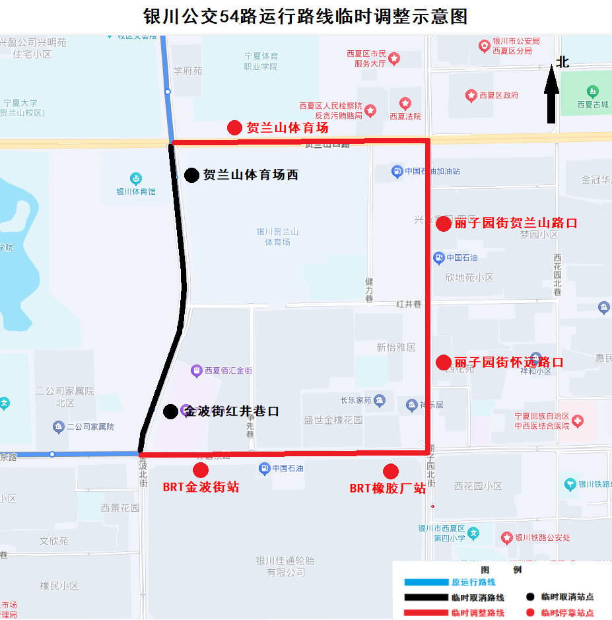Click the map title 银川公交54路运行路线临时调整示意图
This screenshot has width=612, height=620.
[x=306, y=16]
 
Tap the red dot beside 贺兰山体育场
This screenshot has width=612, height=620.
[x=234, y=128]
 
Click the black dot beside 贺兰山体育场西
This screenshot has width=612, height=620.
[x=191, y=175]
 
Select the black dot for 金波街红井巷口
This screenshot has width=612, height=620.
[x=170, y=411]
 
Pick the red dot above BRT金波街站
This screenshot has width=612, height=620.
[x=201, y=470]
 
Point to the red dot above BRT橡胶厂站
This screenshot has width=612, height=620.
[x=391, y=471]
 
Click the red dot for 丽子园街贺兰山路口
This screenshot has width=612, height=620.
[x=444, y=224]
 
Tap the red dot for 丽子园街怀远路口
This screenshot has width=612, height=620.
[x=444, y=362]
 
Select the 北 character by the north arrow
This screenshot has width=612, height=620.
[x=562, y=63]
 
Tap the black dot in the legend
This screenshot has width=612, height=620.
[x=530, y=597]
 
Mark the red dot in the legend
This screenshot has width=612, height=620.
[x=530, y=613]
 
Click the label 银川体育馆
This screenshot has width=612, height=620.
[x=136, y=191]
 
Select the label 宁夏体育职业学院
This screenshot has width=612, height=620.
[x=261, y=61]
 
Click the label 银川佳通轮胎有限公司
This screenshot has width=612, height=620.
[x=285, y=567]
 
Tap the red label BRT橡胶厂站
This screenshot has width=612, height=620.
[x=388, y=489]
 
